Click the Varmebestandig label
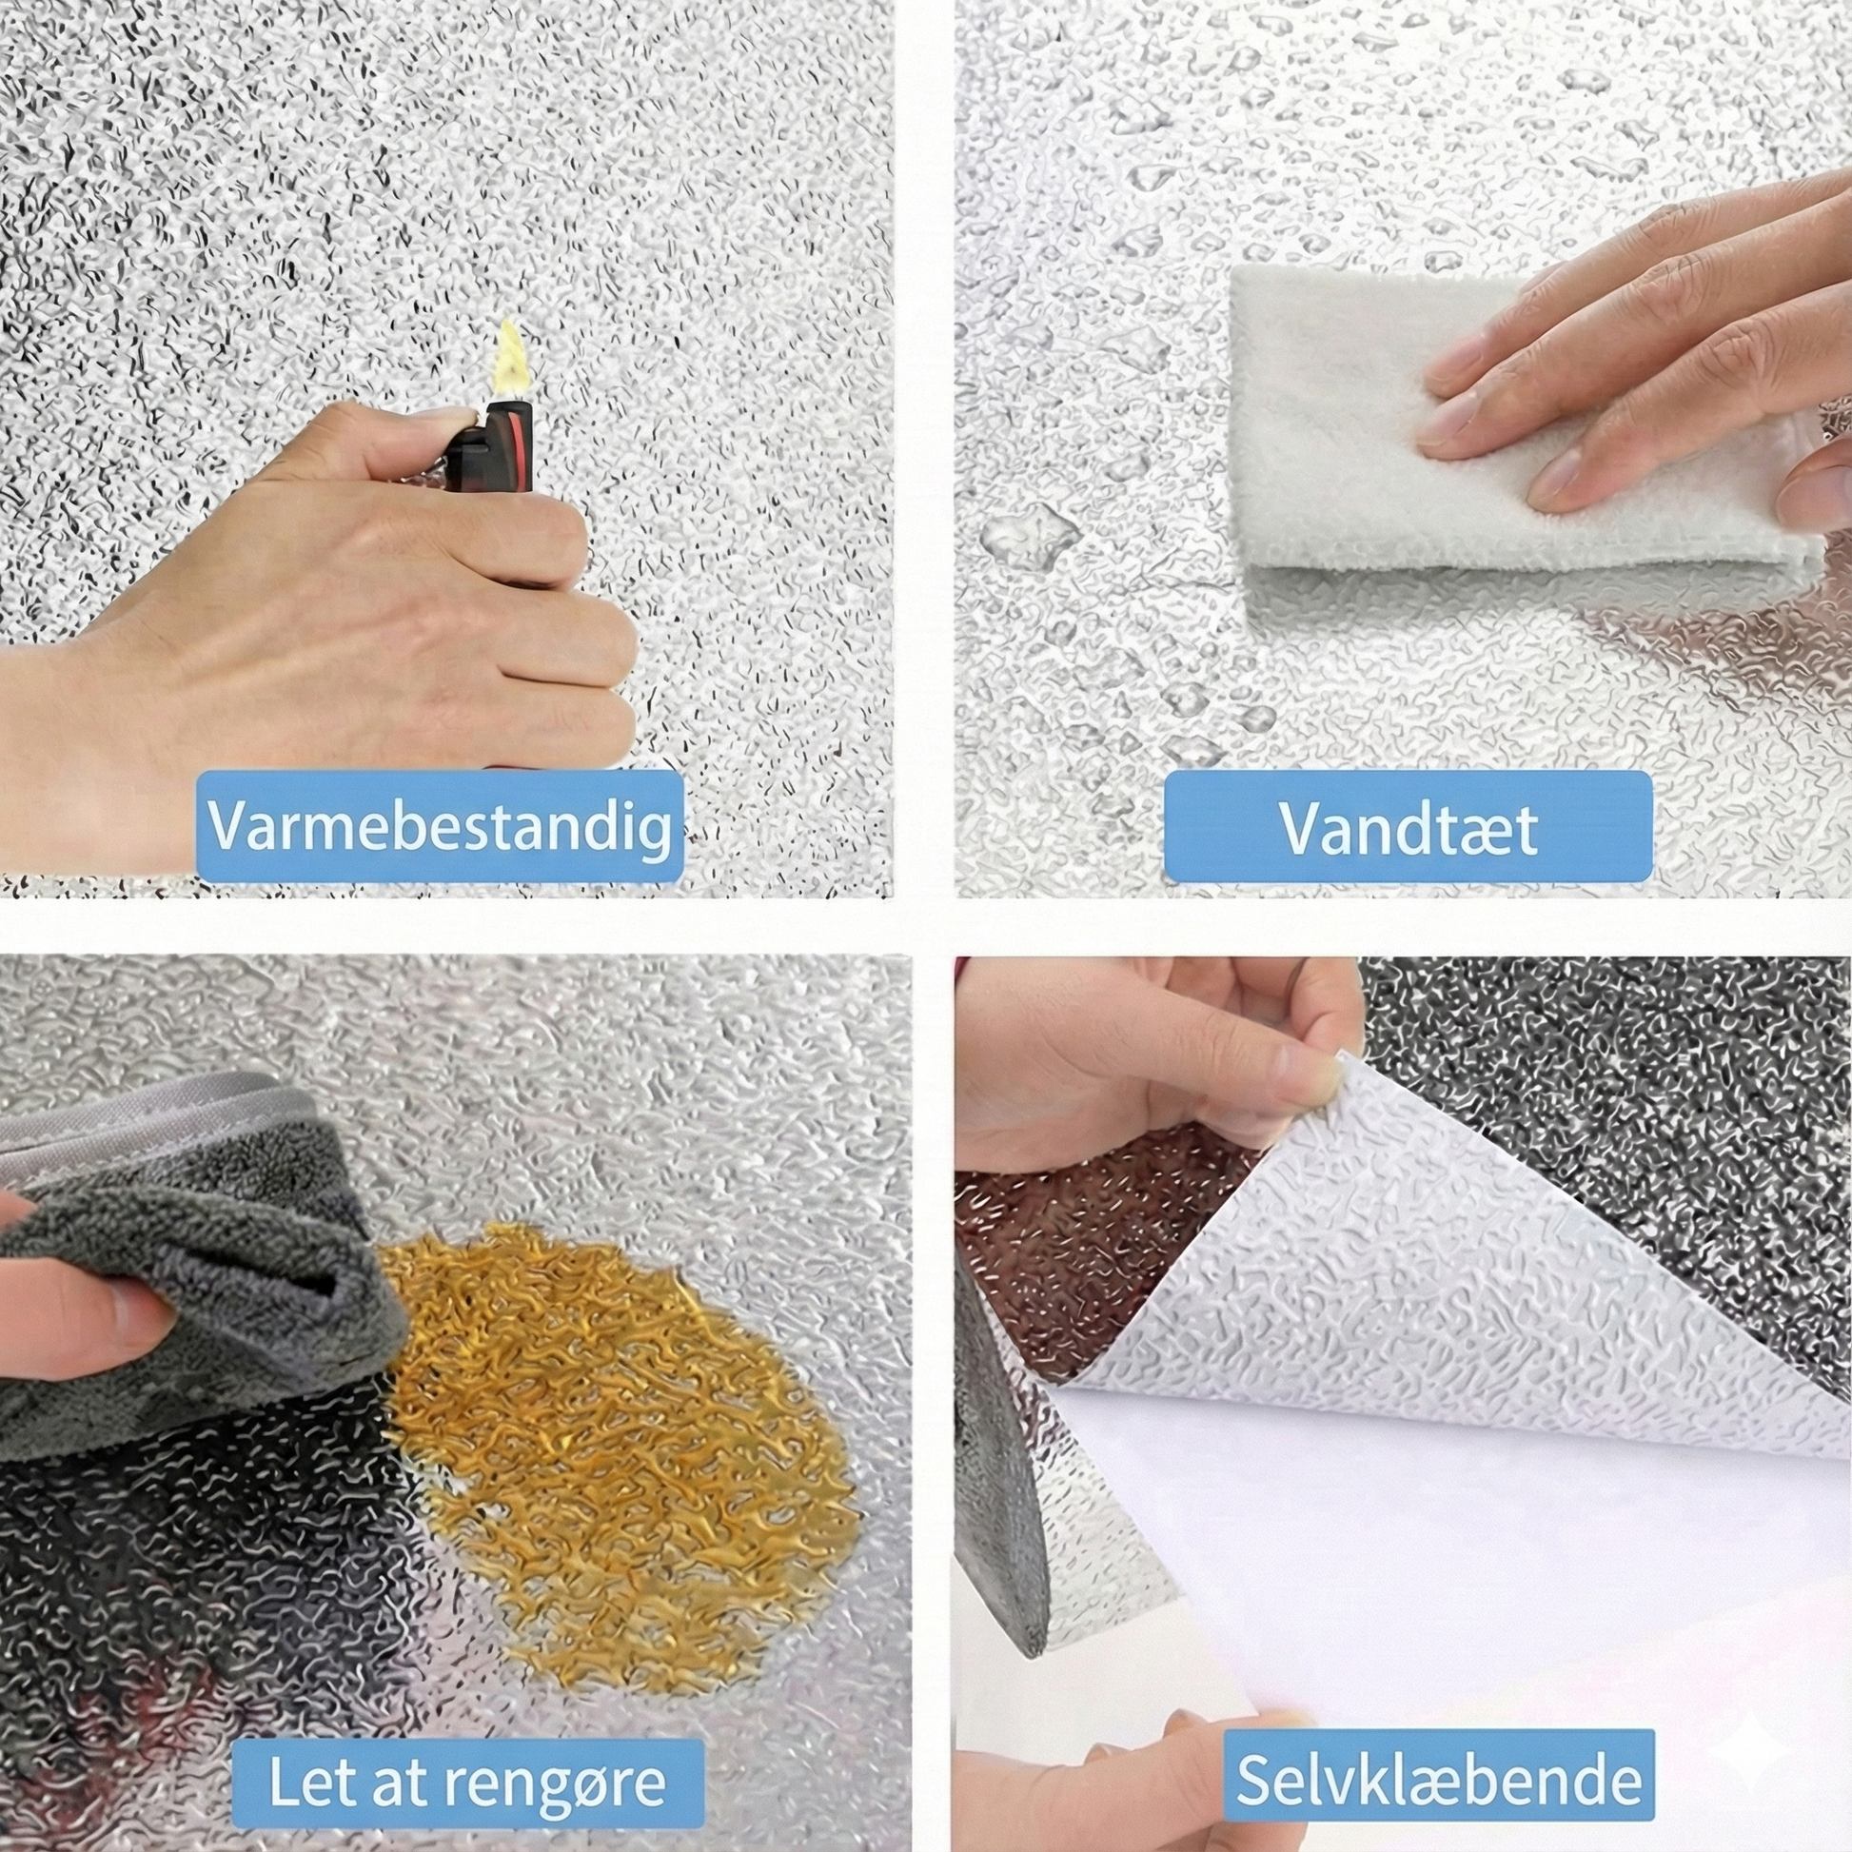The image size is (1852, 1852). [439, 825]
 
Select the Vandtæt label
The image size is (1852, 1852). [1408, 825]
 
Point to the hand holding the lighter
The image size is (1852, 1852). [316, 614]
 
